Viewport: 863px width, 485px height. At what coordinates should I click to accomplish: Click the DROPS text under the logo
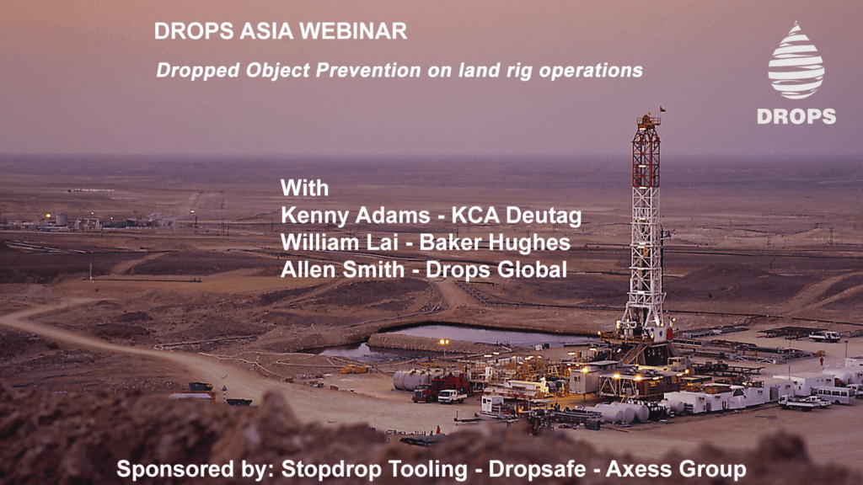click(x=796, y=116)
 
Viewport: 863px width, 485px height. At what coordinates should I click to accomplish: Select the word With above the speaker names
click(x=304, y=187)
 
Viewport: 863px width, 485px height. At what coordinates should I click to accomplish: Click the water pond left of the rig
click(x=472, y=335)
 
